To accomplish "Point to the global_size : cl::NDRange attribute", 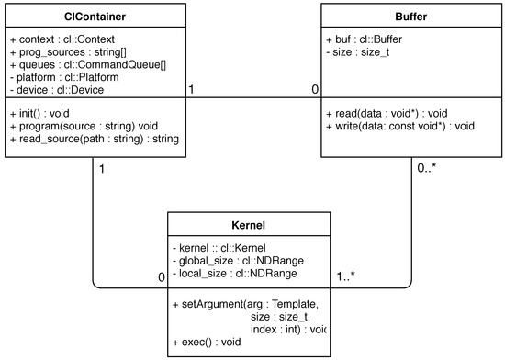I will point(240,260).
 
